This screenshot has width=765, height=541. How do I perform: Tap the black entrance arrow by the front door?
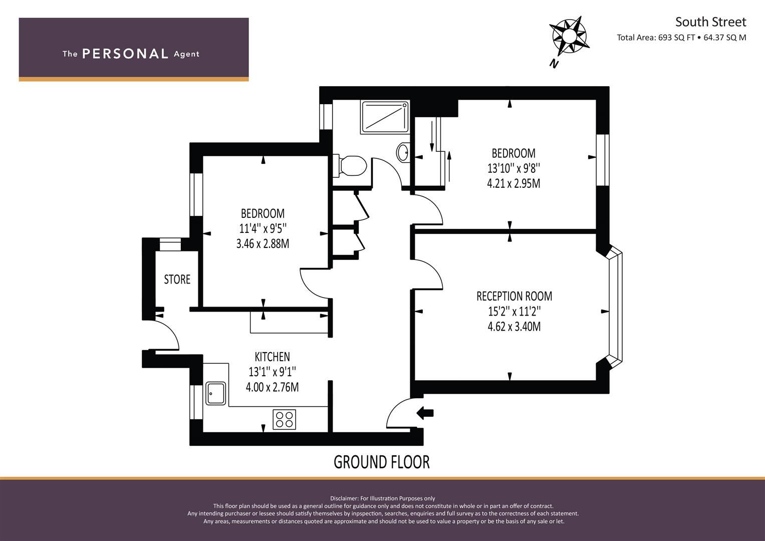click(x=425, y=413)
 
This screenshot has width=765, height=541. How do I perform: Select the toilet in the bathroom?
click(x=351, y=165)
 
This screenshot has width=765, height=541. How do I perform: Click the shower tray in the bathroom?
click(x=385, y=117)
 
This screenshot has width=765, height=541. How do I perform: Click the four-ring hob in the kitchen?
click(x=284, y=419)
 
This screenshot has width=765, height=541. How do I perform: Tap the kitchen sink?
click(x=216, y=393)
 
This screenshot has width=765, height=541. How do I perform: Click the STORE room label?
click(x=177, y=279)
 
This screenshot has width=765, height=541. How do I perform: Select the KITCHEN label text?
click(x=272, y=357)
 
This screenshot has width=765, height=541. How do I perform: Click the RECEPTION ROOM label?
click(x=514, y=296)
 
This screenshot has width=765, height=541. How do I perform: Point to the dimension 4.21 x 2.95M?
click(x=514, y=183)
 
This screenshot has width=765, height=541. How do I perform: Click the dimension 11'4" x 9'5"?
click(x=263, y=228)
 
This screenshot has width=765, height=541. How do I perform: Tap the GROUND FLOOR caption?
click(x=381, y=462)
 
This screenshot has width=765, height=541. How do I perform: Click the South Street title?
click(x=710, y=22)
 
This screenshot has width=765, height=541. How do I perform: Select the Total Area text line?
click(x=681, y=38)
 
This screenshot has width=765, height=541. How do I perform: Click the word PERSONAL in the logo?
click(x=125, y=54)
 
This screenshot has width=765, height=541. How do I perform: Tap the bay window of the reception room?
click(x=614, y=306)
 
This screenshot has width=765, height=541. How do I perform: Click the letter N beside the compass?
click(x=554, y=64)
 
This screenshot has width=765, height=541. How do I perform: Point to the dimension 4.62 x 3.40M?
click(x=514, y=327)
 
